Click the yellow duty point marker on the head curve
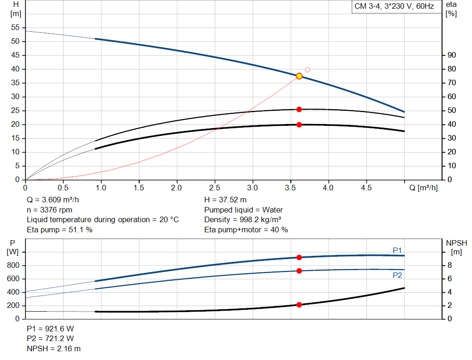pos(299,76)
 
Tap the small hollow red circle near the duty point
pos(307,70)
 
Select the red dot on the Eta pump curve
pos(299,109)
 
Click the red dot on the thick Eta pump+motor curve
pos(299,124)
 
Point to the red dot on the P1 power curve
pos(299,258)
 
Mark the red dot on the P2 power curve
pos(299,271)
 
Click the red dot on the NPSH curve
pos(299,305)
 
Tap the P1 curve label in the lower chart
pos(397,250)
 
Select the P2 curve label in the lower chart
pos(397,275)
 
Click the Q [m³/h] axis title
pos(423,188)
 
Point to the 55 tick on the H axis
pos(15,28)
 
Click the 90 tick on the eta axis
pos(452,55)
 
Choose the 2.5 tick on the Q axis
pos(215,188)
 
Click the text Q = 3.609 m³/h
pos(56,200)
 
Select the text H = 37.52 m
pos(225,200)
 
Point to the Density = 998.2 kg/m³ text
pos(243,219)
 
